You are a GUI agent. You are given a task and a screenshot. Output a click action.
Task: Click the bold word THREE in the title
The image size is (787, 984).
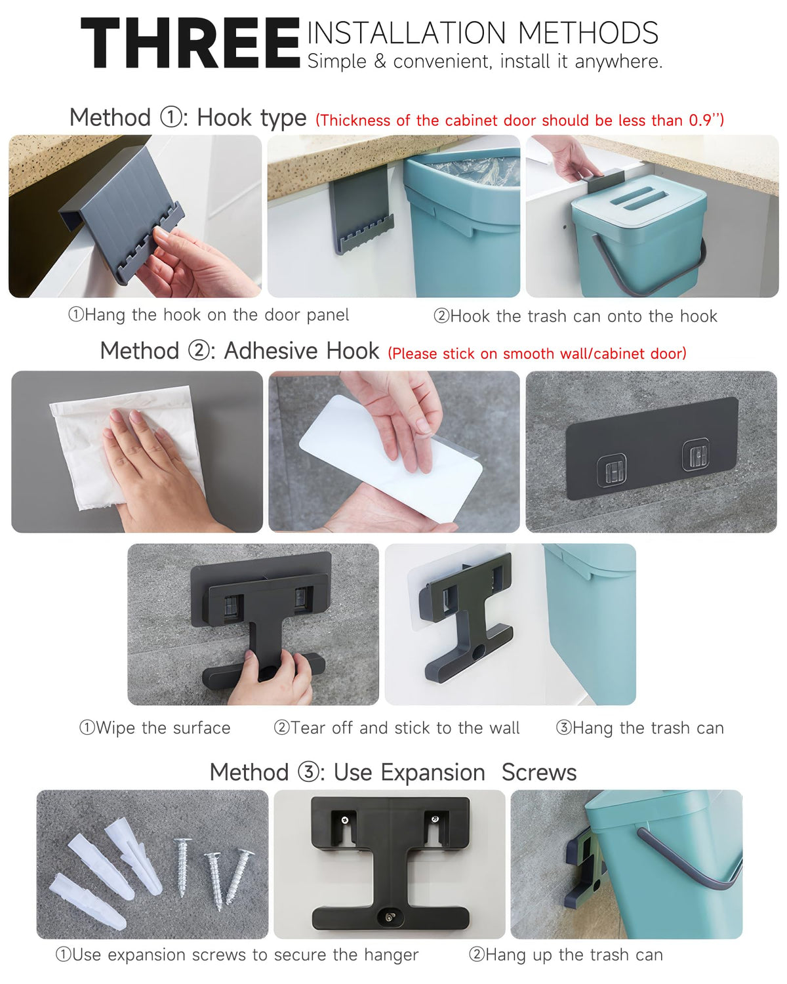click(190, 43)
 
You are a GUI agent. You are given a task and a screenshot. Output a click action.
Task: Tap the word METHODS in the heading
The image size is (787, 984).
click(588, 33)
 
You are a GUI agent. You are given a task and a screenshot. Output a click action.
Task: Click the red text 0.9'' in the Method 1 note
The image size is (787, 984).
click(706, 120)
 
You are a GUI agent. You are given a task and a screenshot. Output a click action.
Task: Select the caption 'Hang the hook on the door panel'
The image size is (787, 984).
click(209, 315)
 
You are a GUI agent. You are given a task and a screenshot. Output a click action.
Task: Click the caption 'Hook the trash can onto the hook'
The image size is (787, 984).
click(575, 316)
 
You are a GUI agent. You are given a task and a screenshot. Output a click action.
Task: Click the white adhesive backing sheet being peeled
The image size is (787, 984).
click(390, 457)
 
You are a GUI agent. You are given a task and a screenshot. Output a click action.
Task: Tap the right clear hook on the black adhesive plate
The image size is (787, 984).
click(696, 454)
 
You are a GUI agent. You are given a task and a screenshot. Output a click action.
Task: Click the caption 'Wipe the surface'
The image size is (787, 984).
click(155, 728)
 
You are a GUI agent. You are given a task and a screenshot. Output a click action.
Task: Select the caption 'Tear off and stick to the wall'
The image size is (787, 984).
click(397, 728)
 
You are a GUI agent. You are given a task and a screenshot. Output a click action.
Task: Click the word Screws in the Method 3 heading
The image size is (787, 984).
click(539, 772)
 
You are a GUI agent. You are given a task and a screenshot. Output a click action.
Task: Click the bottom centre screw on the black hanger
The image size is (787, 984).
click(389, 916)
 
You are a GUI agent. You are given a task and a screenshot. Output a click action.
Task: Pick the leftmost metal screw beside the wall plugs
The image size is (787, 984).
click(182, 867)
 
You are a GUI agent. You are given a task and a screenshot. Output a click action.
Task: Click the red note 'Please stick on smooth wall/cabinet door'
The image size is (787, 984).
click(537, 354)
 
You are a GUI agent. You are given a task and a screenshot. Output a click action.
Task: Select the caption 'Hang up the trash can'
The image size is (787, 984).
click(566, 954)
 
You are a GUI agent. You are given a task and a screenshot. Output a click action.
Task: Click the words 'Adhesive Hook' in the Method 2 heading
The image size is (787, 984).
click(302, 351)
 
